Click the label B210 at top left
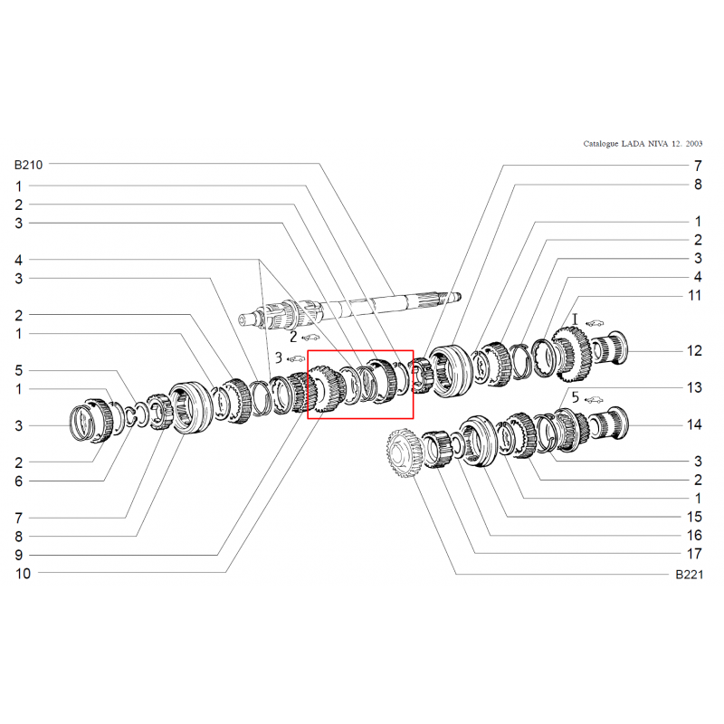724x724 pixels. coord(28,165)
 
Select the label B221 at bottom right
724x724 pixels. coord(689,575)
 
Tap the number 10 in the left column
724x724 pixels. coord(23,574)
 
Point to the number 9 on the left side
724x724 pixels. coord(18,555)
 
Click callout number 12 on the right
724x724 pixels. coord(694,351)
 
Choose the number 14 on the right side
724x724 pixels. coord(694,424)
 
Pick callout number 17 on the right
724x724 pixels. coord(694,554)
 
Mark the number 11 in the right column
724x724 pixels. coord(694,296)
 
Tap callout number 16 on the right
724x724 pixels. coord(694,536)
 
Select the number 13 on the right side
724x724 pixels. coord(694,388)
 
